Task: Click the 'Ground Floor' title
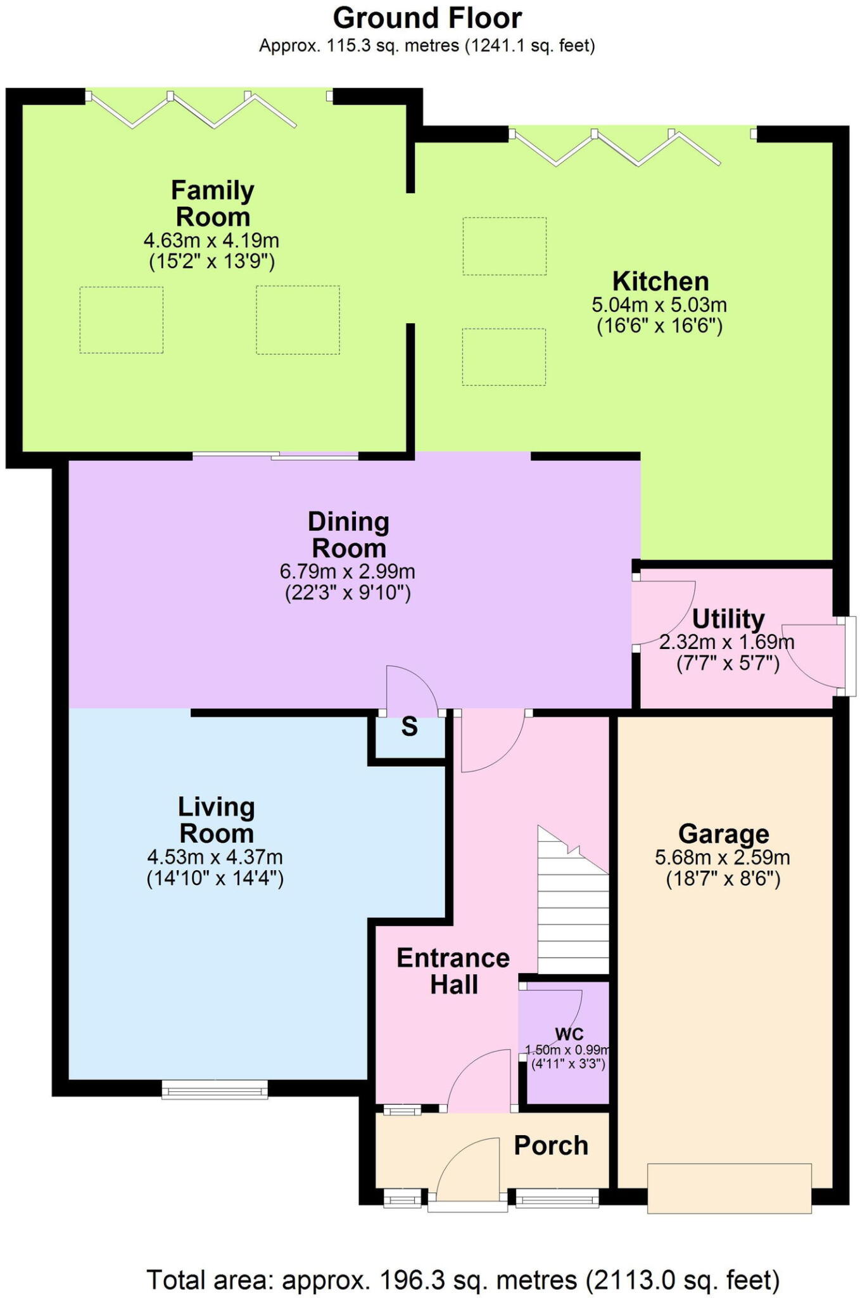(x=427, y=18)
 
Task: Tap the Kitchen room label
(x=660, y=281)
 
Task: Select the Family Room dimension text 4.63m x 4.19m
(x=212, y=241)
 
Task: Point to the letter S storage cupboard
(x=410, y=727)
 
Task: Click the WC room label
(x=569, y=1034)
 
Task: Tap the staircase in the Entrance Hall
(x=573, y=899)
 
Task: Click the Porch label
(x=551, y=1145)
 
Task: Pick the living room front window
(x=215, y=1089)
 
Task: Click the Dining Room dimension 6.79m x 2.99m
(x=348, y=572)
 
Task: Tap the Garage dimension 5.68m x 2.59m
(x=723, y=858)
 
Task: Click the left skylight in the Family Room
(x=122, y=320)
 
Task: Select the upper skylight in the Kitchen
(x=505, y=246)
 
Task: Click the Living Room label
(x=217, y=820)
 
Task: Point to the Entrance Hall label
(x=453, y=971)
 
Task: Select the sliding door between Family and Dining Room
(x=275, y=454)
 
